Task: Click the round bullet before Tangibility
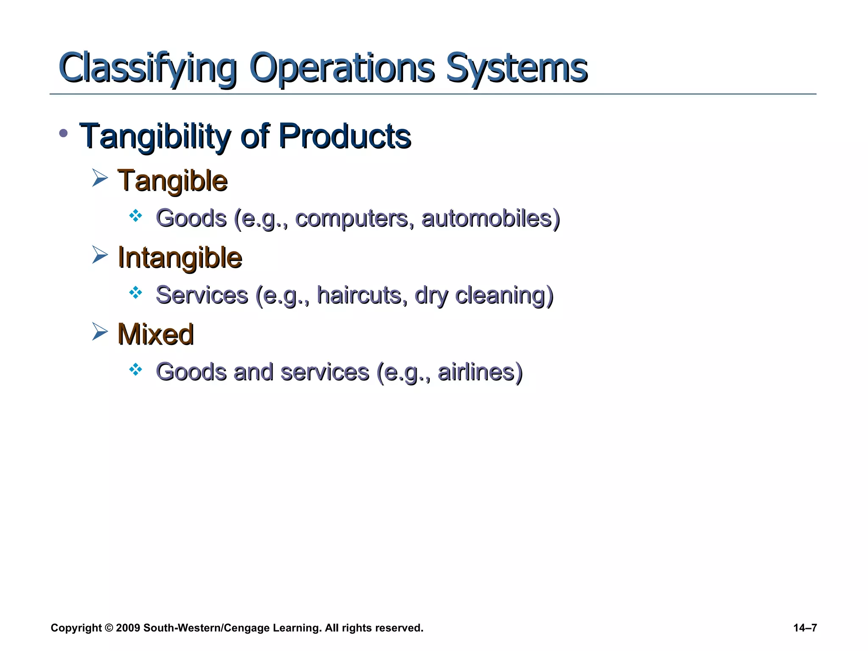[x=64, y=134]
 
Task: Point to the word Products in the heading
[x=345, y=136]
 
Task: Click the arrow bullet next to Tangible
[x=100, y=178]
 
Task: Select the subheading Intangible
[x=180, y=257]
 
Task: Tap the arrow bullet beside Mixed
[x=100, y=331]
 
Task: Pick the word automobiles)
[x=490, y=219]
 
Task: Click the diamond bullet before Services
[x=136, y=292]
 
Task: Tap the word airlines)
[x=480, y=372]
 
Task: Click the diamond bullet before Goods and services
[x=136, y=370]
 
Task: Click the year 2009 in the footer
[x=128, y=628]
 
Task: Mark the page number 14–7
[x=805, y=628]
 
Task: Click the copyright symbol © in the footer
[x=108, y=628]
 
